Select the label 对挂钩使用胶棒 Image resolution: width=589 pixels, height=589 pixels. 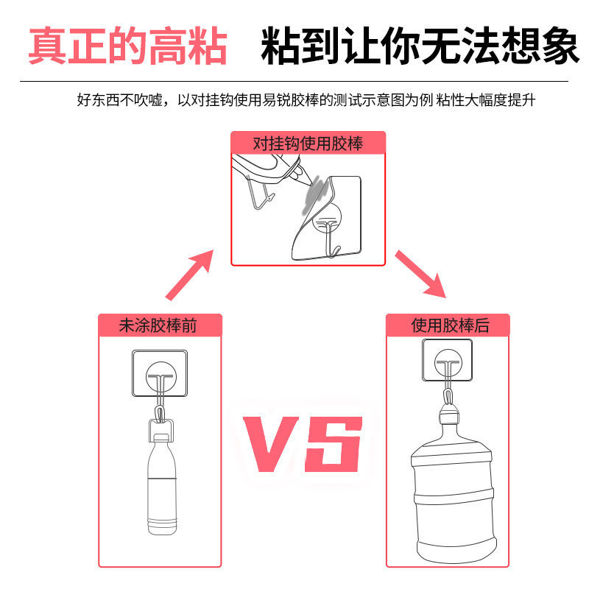[308, 143]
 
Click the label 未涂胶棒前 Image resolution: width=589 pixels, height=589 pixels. [159, 325]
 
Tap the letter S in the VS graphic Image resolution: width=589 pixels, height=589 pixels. [335, 446]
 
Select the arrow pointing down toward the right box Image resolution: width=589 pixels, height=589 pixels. [420, 274]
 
